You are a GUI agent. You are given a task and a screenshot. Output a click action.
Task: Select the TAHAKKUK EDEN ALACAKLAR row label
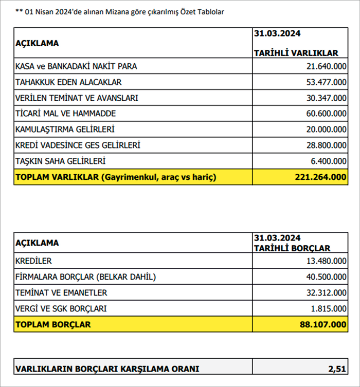coord(68,82)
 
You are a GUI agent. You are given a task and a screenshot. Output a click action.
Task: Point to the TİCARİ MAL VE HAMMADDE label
coord(65,114)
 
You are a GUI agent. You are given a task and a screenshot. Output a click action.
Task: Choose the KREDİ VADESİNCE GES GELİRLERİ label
coord(78,145)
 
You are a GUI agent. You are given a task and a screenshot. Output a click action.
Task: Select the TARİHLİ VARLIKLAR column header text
coord(296,53)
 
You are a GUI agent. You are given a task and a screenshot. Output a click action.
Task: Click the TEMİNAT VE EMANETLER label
coord(61,293)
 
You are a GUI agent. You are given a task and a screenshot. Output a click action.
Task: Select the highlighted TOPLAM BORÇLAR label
coord(53,324)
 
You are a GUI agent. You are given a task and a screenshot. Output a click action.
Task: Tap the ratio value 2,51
coord(337,368)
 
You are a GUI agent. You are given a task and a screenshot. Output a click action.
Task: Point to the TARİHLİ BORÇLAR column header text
coord(293,247)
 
